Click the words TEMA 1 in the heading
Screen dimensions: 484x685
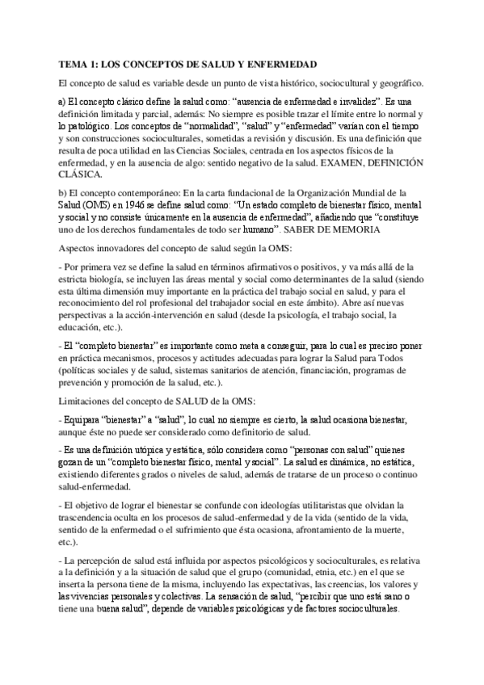[78, 64]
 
